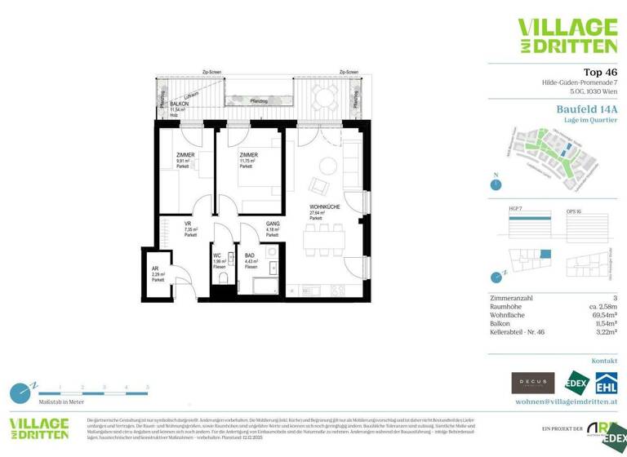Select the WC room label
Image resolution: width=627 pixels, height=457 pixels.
[218, 255]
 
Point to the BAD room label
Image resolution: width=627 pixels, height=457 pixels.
[249, 255]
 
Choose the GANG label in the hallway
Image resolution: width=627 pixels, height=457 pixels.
[273, 224]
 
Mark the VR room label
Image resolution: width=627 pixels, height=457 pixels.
[188, 224]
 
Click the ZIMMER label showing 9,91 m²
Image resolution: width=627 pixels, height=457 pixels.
[186, 154]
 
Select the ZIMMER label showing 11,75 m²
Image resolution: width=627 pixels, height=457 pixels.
[248, 154]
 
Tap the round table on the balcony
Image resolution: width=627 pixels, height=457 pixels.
[327, 98]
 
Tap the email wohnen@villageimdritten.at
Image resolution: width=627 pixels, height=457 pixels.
[565, 402]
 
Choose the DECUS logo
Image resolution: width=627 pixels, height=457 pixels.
[532, 383]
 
